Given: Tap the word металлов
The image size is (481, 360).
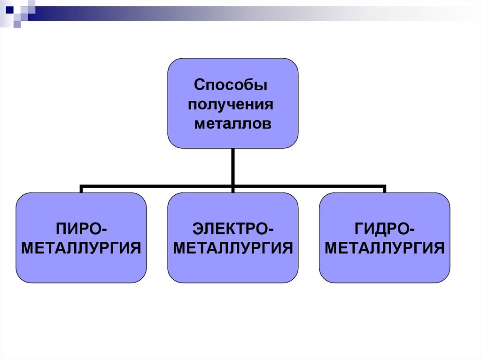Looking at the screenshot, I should (233, 124).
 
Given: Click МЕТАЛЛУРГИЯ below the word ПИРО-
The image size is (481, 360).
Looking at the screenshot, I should (81, 248).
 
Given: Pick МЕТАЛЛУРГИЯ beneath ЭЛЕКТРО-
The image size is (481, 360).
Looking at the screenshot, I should (233, 248).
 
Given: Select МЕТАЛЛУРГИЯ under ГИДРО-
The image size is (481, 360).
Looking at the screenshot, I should (385, 248).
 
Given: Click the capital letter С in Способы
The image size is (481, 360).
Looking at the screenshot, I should (199, 86).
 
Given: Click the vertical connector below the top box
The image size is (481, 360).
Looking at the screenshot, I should (233, 167).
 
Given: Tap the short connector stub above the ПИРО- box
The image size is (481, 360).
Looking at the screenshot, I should (81, 189).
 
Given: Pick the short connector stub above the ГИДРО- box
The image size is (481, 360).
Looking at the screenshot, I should (384, 189).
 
